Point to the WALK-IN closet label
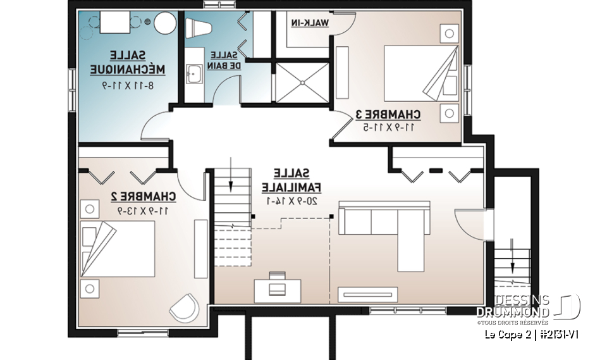click(310, 23)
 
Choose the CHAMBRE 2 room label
click(144, 197)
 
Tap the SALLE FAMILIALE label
click(291, 180)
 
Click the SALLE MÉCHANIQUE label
click(122, 62)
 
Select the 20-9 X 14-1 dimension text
click(290, 201)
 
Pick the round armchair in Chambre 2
click(184, 308)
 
